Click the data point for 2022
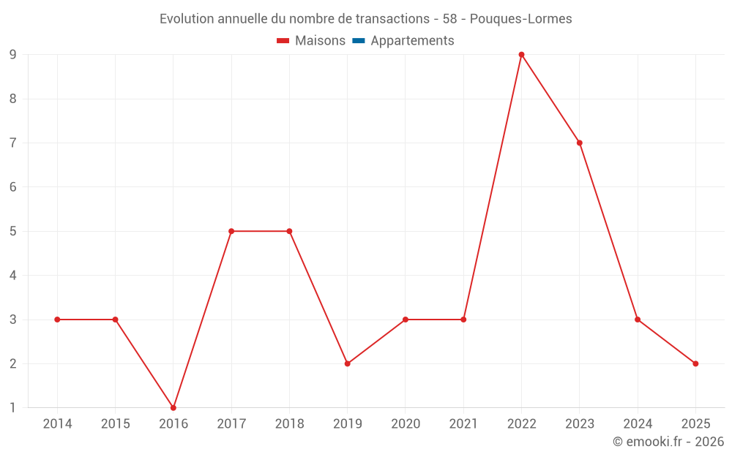pos(521,55)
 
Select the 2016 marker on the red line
pos(173,407)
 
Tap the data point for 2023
pos(579,143)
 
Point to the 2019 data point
pos(347,363)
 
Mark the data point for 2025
pos(695,363)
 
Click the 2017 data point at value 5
pos(231,231)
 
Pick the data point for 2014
pos(57,320)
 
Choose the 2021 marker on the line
pos(463,320)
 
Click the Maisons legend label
pos(320,41)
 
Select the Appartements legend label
pos(412,41)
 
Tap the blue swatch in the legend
pos(358,41)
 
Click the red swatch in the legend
pos(283,41)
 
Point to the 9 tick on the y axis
pos(13,55)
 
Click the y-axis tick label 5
pos(13,231)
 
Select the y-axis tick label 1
pos(13,407)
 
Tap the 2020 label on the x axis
pos(405,424)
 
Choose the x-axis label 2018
pos(289,424)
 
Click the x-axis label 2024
pos(637,424)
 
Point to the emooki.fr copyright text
pos(668,442)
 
